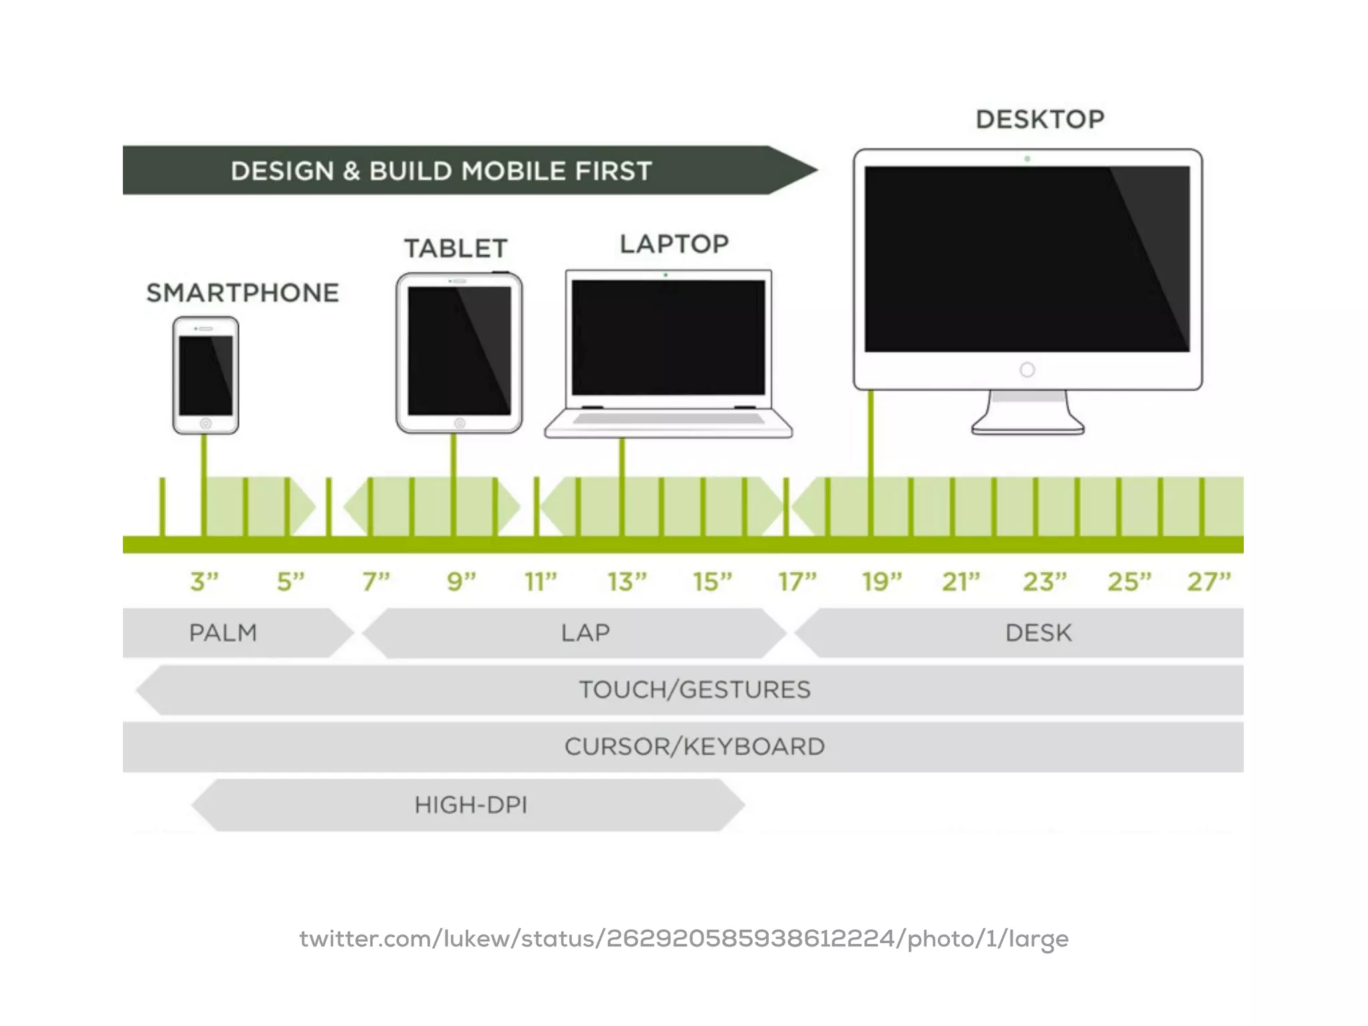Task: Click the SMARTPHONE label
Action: [242, 293]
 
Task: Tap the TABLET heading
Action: [456, 248]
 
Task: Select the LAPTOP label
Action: [674, 244]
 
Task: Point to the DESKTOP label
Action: [1040, 120]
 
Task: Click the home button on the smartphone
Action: [206, 423]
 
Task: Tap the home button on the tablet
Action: [460, 423]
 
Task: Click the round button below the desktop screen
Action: [1027, 369]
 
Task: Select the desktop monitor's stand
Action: [1028, 414]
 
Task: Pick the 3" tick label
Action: [204, 581]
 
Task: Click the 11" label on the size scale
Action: [540, 581]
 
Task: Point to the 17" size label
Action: [797, 581]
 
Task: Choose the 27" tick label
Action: [1208, 581]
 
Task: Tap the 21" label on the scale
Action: [961, 581]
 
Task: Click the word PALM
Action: [223, 633]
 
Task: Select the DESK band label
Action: [1039, 633]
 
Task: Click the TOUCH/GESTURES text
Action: [695, 689]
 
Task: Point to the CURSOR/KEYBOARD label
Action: [695, 746]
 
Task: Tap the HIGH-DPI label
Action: [471, 805]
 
